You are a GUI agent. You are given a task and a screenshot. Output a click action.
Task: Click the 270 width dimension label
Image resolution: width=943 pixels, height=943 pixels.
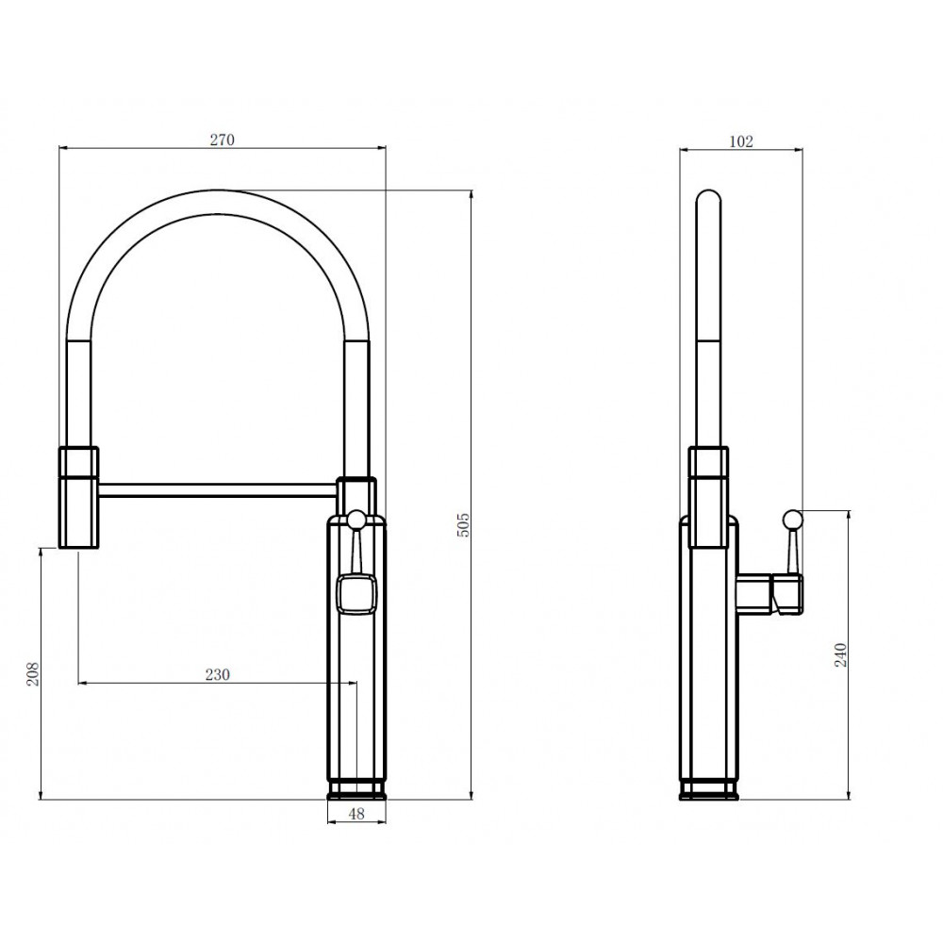click(222, 140)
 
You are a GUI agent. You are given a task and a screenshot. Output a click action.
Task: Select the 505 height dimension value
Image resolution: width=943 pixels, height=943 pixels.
click(464, 525)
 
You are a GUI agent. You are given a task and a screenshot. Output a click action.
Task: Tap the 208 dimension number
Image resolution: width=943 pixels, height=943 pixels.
click(32, 673)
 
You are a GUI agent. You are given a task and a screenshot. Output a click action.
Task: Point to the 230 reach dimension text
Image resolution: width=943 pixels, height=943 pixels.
click(218, 675)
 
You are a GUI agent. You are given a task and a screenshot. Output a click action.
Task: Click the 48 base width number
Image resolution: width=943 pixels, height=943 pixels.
click(356, 814)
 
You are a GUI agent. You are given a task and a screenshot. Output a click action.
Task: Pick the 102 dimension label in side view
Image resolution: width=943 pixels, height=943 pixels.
click(741, 141)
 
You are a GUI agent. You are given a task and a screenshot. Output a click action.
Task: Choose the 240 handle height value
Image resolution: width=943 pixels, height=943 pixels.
click(841, 655)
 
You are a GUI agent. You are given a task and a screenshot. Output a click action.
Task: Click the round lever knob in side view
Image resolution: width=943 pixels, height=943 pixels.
click(793, 519)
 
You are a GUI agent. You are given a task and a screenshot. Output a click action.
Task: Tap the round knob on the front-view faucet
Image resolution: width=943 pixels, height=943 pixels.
click(356, 519)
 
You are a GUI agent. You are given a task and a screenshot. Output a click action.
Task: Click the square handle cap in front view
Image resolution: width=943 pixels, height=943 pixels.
click(356, 593)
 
